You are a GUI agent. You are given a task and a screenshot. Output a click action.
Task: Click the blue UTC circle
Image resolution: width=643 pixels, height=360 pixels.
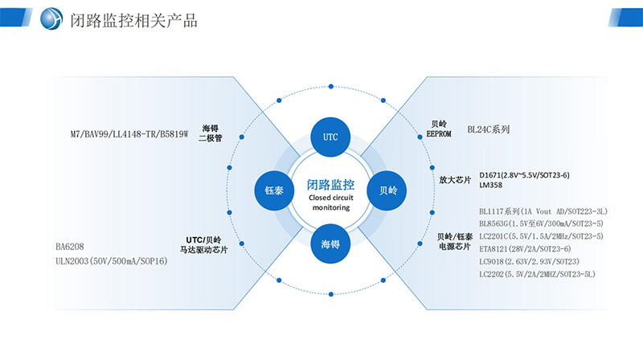[x=330, y=137]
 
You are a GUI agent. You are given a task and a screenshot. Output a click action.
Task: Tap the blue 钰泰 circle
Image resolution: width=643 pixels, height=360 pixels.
[x=273, y=190]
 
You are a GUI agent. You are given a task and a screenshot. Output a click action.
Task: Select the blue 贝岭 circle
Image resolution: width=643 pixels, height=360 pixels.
[x=387, y=190]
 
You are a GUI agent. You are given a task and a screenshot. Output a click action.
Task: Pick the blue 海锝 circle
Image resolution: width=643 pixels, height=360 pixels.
[x=330, y=244]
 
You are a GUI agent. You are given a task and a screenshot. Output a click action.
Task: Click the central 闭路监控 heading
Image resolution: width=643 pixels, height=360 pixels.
[x=330, y=185]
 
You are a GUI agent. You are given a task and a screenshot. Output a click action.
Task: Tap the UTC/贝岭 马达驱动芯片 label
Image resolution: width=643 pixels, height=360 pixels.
[x=203, y=245]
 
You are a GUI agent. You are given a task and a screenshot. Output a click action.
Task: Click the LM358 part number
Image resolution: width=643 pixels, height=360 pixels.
[x=490, y=185]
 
